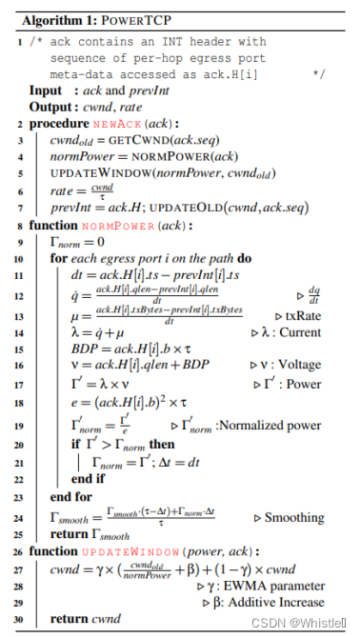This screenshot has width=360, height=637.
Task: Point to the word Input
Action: (x=48, y=90)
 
